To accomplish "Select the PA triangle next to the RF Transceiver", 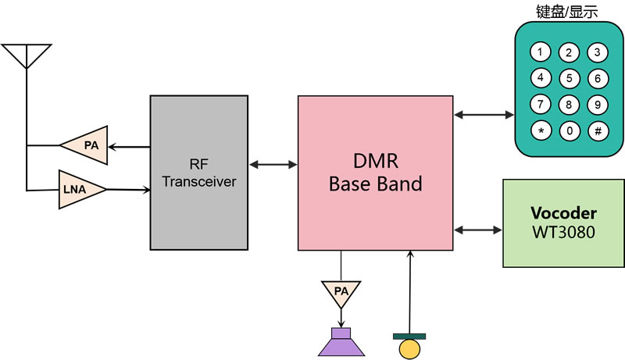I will pyautogui.click(x=84, y=144).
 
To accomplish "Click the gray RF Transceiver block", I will pyautogui.click(x=199, y=172).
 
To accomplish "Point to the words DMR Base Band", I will pyautogui.click(x=375, y=173).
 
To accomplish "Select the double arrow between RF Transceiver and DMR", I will pyautogui.click(x=273, y=165).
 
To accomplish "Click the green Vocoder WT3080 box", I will pyautogui.click(x=563, y=223).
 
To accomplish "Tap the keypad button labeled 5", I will pyautogui.click(x=570, y=78).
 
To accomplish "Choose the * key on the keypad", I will pyautogui.click(x=541, y=130).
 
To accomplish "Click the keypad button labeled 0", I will pyautogui.click(x=570, y=130).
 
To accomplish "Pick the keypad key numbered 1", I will pyautogui.click(x=541, y=52).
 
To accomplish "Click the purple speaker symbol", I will pyautogui.click(x=341, y=342).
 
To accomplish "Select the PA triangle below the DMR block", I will pyautogui.click(x=341, y=291).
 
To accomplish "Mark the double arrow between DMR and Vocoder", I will pyautogui.click(x=477, y=230).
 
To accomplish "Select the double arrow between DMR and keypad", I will pyautogui.click(x=484, y=115).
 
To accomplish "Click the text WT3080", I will pyautogui.click(x=563, y=232).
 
